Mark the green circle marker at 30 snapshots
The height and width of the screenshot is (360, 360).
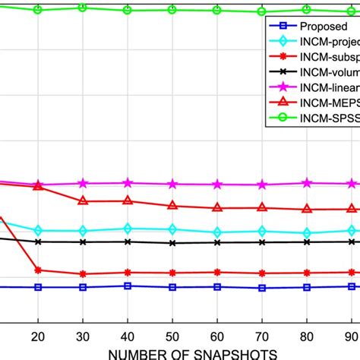pos(83,8)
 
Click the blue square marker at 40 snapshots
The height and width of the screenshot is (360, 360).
pos(128,286)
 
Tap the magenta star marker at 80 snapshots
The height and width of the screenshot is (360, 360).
pos(307,182)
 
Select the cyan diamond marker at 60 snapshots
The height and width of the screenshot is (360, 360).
pos(217,232)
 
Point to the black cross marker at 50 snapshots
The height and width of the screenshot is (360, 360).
pos(172,243)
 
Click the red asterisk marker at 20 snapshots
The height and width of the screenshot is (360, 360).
pos(38,269)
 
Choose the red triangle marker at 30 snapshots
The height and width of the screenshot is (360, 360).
pos(83,201)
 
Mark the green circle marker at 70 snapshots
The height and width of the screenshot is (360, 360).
pos(262,11)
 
